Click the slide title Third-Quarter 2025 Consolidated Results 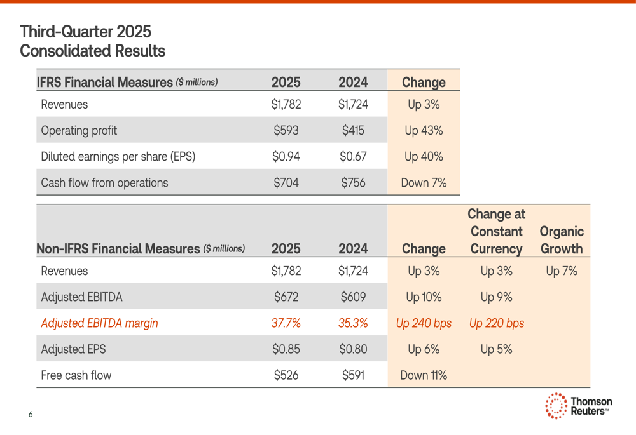tap(92, 41)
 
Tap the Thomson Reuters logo tap(578, 406)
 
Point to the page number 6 tap(31, 415)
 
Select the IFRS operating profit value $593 tap(286, 131)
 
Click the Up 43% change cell tap(424, 131)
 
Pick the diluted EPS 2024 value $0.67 tap(353, 157)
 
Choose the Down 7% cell tap(424, 183)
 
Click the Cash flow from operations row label tap(104, 183)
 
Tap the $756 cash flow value tap(353, 183)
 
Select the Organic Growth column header tap(562, 240)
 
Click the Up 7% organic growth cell tap(562, 271)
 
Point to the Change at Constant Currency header tap(496, 232)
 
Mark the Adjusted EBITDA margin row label tap(99, 323)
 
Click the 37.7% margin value tap(286, 323)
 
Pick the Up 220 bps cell tap(496, 323)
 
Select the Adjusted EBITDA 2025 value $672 tap(286, 297)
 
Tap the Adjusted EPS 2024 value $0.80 tap(353, 349)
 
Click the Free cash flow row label tap(76, 375)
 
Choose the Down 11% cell tap(424, 375)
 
